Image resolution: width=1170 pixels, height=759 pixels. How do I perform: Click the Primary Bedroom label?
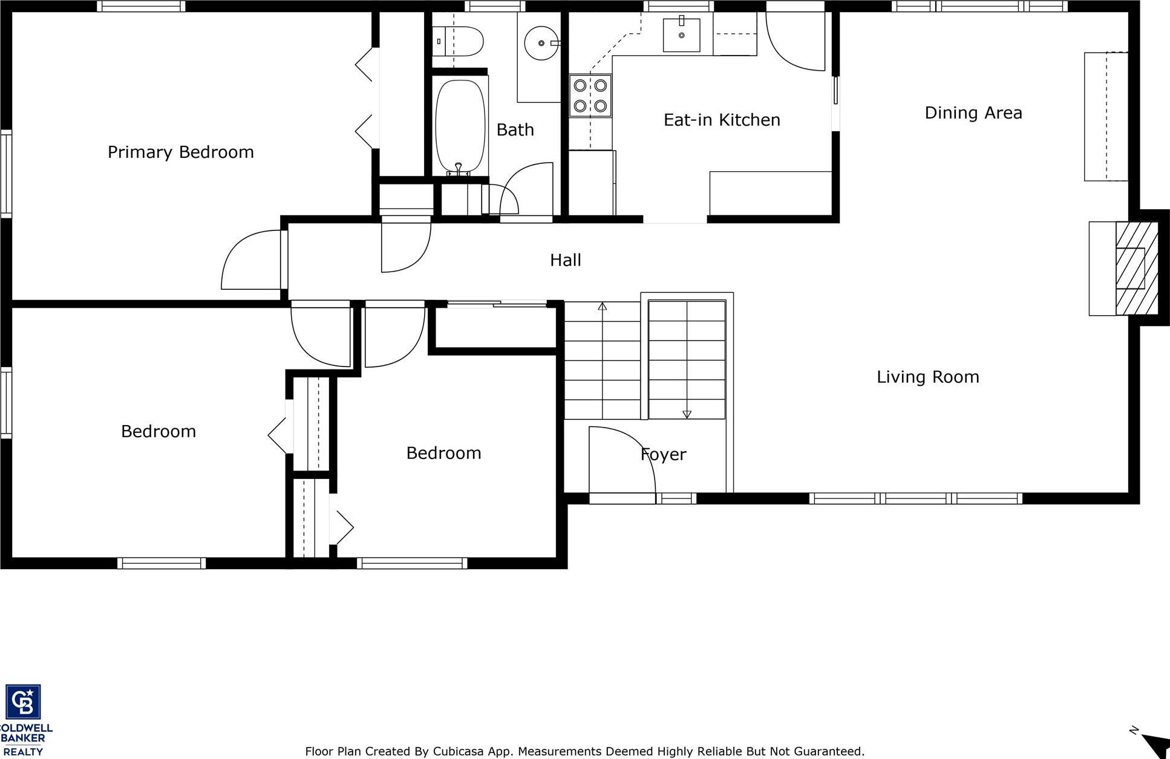tap(180, 152)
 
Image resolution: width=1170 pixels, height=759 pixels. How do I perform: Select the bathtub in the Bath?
tap(460, 127)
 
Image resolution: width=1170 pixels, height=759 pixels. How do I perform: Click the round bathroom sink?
tap(541, 43)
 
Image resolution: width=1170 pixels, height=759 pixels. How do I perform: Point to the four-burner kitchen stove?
tap(590, 96)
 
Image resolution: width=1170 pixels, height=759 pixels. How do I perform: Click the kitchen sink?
tap(681, 35)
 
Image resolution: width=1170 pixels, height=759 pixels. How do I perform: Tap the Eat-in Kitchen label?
tap(722, 120)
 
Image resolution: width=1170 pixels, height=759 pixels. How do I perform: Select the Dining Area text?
tap(973, 113)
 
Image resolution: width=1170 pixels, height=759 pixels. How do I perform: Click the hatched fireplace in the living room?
tap(1136, 268)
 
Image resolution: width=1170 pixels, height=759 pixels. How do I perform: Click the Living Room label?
tap(927, 377)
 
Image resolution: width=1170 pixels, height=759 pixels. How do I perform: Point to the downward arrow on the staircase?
tap(687, 414)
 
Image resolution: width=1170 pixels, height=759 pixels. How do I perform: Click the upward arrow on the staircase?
tap(603, 307)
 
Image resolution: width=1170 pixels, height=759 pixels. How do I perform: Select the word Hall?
tap(565, 260)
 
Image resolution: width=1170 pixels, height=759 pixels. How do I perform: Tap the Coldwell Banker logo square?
tap(23, 702)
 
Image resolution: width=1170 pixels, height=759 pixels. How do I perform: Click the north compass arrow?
tap(1155, 744)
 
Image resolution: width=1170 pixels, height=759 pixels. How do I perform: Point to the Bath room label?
tap(515, 130)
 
